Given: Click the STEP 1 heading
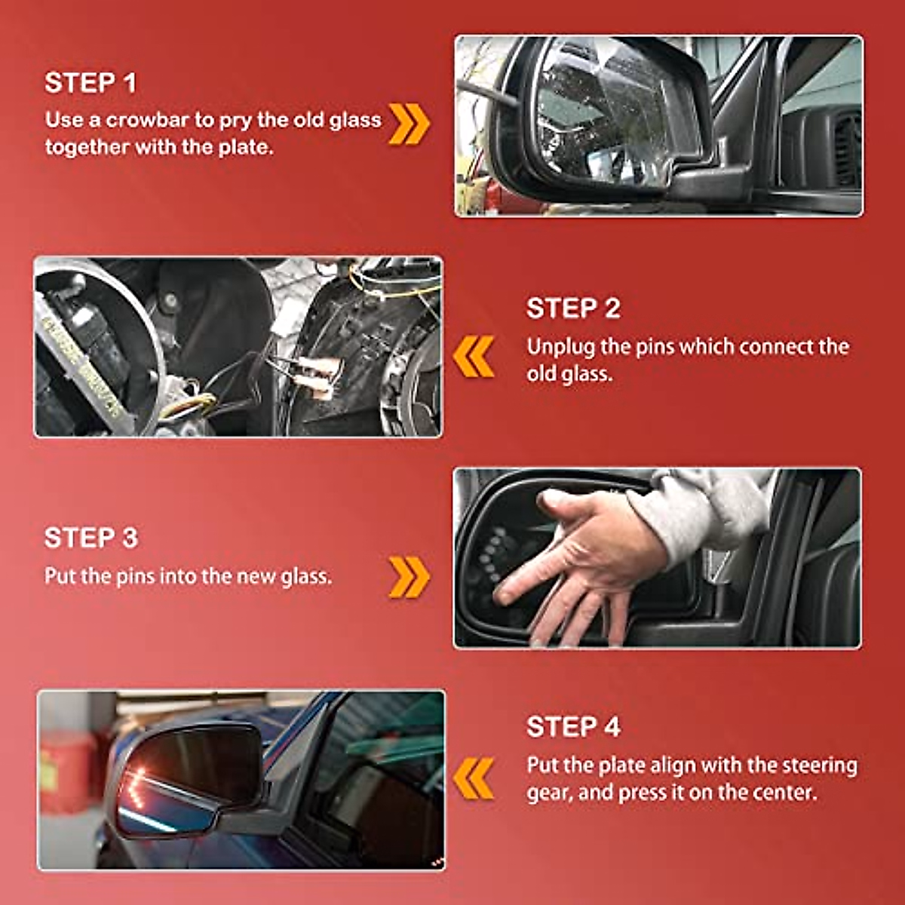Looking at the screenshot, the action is [90, 83].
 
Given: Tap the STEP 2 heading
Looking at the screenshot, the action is [573, 308].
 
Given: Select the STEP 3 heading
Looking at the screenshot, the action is [91, 538].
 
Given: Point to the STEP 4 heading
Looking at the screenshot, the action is [573, 726].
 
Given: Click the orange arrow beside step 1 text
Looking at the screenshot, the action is [410, 124].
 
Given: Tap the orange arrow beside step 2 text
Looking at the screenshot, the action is [474, 357].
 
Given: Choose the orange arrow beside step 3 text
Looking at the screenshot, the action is [410, 577].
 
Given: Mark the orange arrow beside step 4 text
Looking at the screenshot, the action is [474, 778].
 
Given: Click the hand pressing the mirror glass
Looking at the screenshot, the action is [582, 563].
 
